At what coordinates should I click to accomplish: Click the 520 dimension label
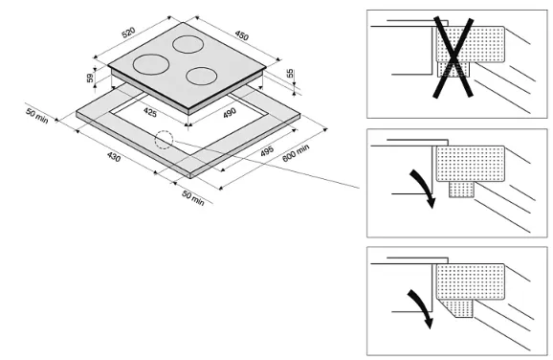click(x=128, y=33)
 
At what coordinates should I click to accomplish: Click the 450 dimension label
click(x=242, y=35)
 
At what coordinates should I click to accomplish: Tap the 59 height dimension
click(x=90, y=78)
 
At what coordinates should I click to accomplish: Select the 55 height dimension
click(x=290, y=74)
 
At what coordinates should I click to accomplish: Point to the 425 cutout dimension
click(x=150, y=112)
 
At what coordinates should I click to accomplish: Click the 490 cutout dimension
click(x=230, y=113)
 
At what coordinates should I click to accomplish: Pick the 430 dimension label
click(x=114, y=156)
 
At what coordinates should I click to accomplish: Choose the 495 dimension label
click(x=267, y=150)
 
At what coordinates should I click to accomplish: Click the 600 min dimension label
click(x=296, y=153)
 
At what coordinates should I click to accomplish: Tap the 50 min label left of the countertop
click(x=36, y=116)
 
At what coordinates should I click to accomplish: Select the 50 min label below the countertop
click(x=193, y=198)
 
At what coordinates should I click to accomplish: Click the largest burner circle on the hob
click(x=151, y=64)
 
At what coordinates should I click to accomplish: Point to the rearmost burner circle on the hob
click(x=188, y=44)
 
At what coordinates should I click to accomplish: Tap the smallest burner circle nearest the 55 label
click(x=201, y=76)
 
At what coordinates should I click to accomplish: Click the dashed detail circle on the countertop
click(x=164, y=140)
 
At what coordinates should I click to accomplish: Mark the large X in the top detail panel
click(x=453, y=56)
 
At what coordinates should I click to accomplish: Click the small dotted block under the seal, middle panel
click(x=461, y=190)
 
